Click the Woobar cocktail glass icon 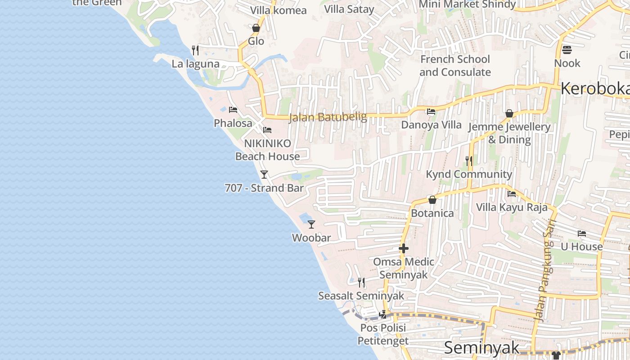(x=311, y=224)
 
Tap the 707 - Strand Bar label (x=264, y=188)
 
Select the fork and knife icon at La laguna (x=195, y=50)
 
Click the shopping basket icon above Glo (x=256, y=28)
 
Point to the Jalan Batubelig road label (x=328, y=117)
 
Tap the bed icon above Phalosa (x=233, y=109)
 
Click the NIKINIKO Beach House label (x=267, y=150)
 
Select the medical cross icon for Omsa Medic (x=404, y=248)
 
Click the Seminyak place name (x=481, y=348)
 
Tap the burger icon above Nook (x=567, y=49)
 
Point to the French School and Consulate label (x=455, y=66)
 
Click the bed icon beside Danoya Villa (x=431, y=111)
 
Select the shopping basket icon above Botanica (x=432, y=199)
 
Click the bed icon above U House (x=582, y=233)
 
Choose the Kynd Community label (x=469, y=174)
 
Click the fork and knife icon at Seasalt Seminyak (x=361, y=282)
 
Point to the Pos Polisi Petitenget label (x=383, y=334)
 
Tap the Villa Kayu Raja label (x=512, y=207)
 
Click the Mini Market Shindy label (x=467, y=4)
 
